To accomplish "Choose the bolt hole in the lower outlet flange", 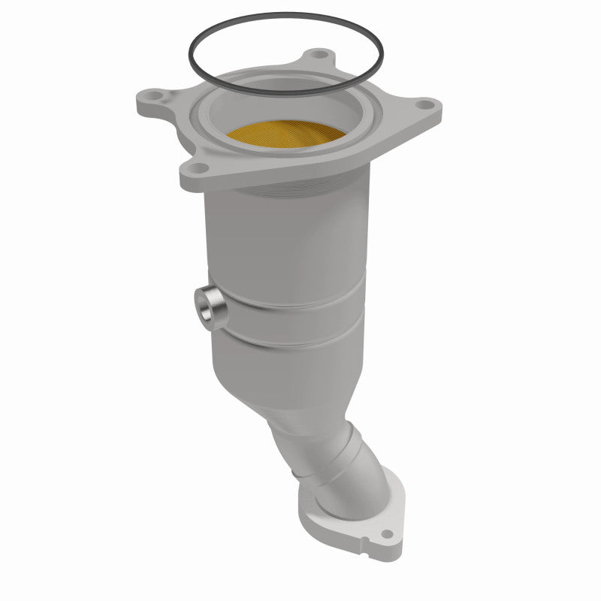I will click(387, 535).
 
